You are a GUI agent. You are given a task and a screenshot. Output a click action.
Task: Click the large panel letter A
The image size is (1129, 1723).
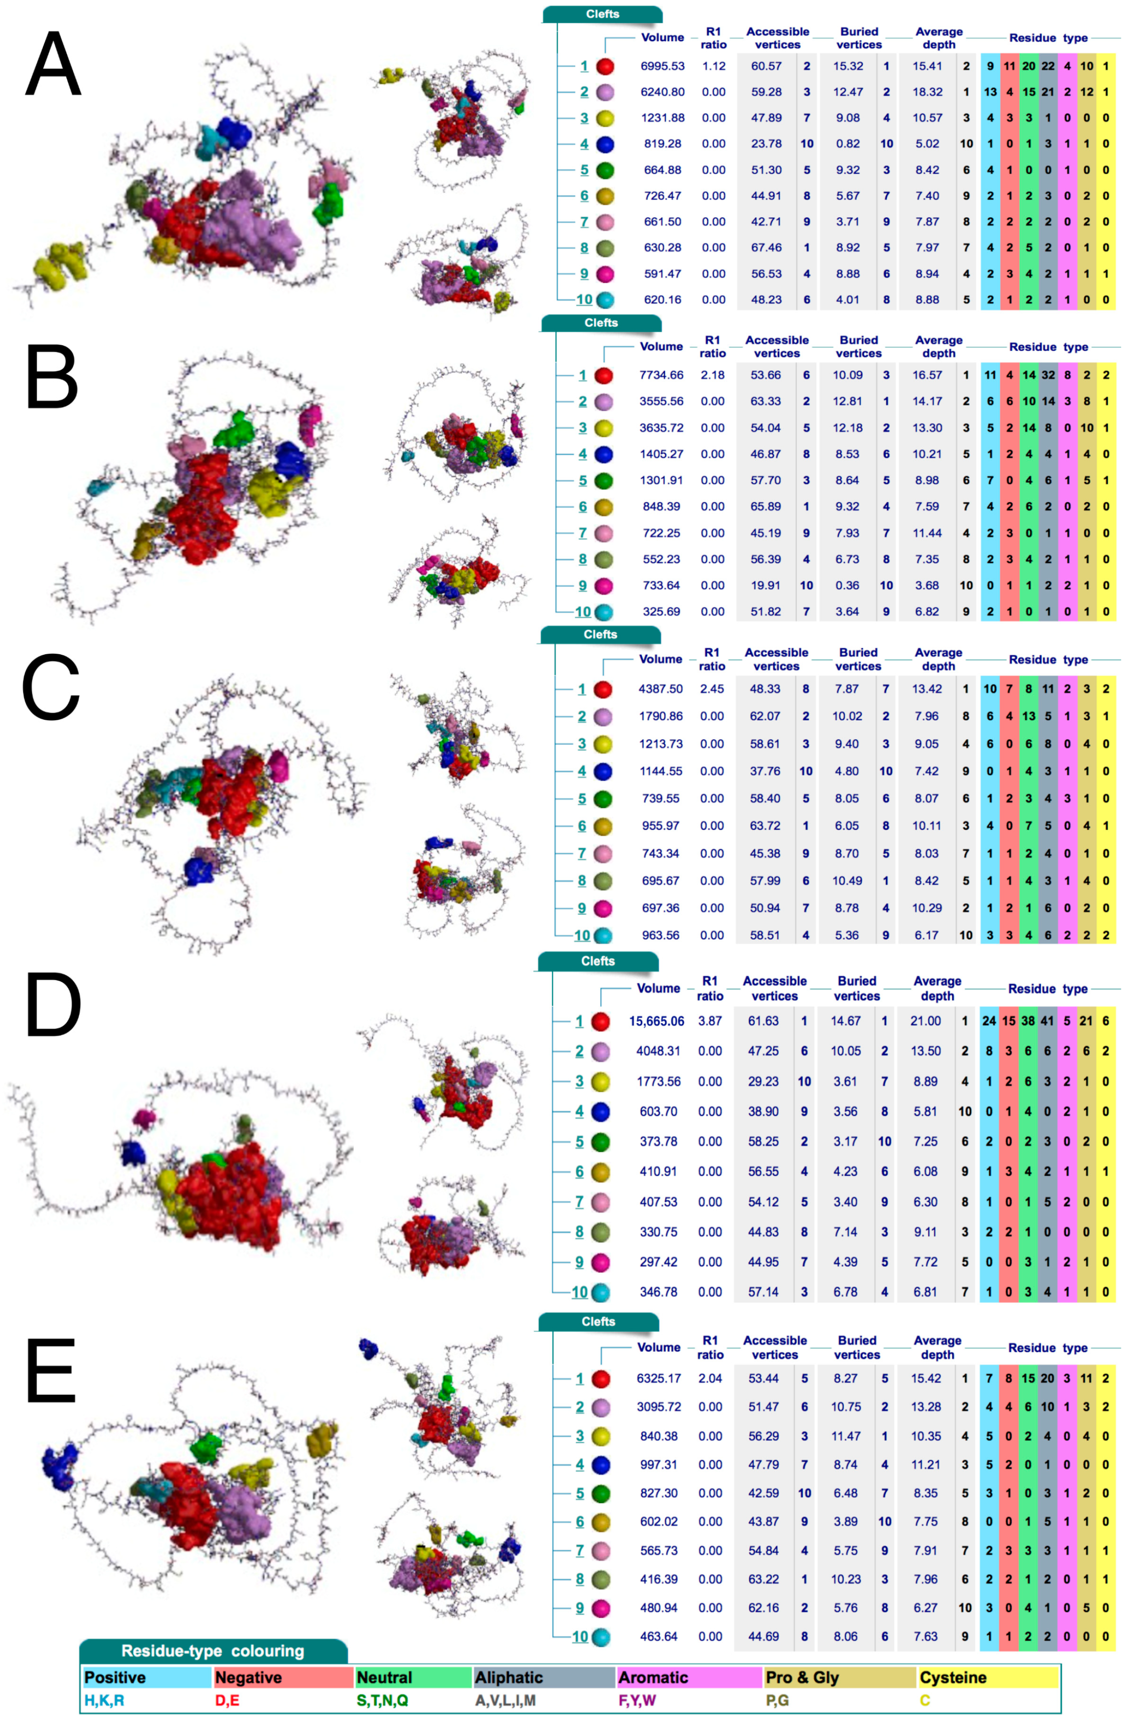53,65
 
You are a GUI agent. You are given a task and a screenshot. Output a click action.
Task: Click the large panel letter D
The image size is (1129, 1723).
53,1006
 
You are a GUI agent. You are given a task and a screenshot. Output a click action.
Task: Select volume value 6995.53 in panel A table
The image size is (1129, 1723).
662,66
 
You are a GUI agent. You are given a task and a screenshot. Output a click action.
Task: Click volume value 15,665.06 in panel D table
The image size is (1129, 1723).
656,1021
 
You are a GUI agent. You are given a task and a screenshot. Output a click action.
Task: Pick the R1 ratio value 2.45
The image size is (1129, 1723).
711,689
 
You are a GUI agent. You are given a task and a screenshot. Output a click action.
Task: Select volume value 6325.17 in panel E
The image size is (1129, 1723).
658,1378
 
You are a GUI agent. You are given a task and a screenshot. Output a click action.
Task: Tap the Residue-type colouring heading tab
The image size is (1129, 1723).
212,1651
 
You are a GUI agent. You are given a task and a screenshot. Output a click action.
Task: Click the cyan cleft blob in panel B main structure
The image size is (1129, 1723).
103,485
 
